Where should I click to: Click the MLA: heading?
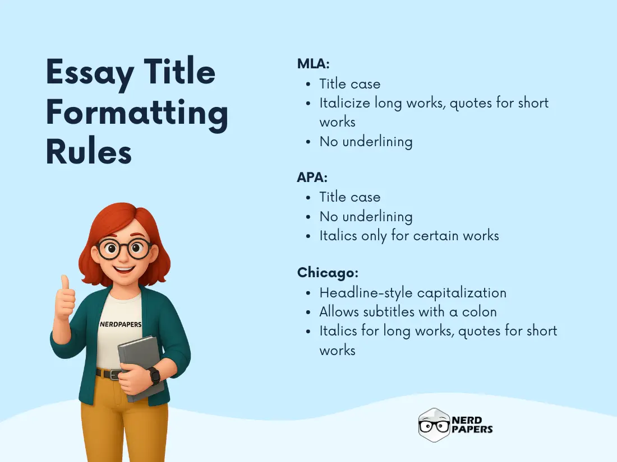coord(313,64)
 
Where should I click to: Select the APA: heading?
coord(312,178)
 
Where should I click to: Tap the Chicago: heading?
coord(328,273)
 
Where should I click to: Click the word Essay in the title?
coord(90,73)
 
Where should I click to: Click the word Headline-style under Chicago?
coord(365,292)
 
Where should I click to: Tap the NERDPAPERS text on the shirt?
coord(120,324)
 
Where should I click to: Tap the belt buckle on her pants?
coord(115,374)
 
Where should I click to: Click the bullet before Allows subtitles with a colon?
coord(308,312)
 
